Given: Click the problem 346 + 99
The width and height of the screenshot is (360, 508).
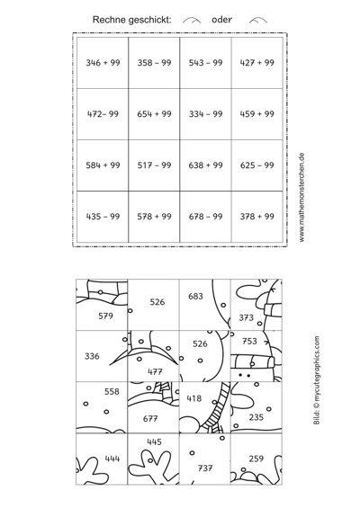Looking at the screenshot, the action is coord(103,63).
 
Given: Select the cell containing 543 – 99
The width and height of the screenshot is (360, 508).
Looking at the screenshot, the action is coord(205,63).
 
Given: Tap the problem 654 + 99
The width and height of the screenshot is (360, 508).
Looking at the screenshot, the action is coord(154,113).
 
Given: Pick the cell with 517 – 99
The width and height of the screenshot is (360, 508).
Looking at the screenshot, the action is coord(154,165).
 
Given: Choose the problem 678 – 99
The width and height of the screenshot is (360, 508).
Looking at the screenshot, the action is coord(205,217).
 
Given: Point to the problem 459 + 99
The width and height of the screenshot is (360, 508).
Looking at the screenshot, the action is coord(256,113).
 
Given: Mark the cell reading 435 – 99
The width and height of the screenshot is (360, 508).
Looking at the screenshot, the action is coord(103,217).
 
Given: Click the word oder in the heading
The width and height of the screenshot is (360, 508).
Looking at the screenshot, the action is coord(221,20).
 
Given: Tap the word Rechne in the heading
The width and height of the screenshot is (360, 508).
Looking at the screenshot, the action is coord(109,20).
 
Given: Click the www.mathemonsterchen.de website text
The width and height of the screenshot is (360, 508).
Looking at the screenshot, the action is coord(301,197).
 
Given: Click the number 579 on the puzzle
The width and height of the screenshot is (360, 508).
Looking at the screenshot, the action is coord(105,316).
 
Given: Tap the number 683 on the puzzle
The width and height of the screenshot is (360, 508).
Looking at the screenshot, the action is coord(195,296).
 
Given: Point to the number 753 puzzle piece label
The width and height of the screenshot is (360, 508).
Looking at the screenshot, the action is coord(249,341).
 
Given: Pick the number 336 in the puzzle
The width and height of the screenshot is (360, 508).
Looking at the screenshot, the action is coord(92,356).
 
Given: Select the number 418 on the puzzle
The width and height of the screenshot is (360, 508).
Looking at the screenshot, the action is coord(193,398).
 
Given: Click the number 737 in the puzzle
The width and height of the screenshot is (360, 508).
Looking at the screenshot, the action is coord(205,468).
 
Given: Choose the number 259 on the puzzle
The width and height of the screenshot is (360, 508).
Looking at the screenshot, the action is coord(256,459).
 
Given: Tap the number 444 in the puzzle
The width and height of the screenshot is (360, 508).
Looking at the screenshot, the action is coord(112,459).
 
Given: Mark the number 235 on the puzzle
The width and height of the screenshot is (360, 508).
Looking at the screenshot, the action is coord(256,417).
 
